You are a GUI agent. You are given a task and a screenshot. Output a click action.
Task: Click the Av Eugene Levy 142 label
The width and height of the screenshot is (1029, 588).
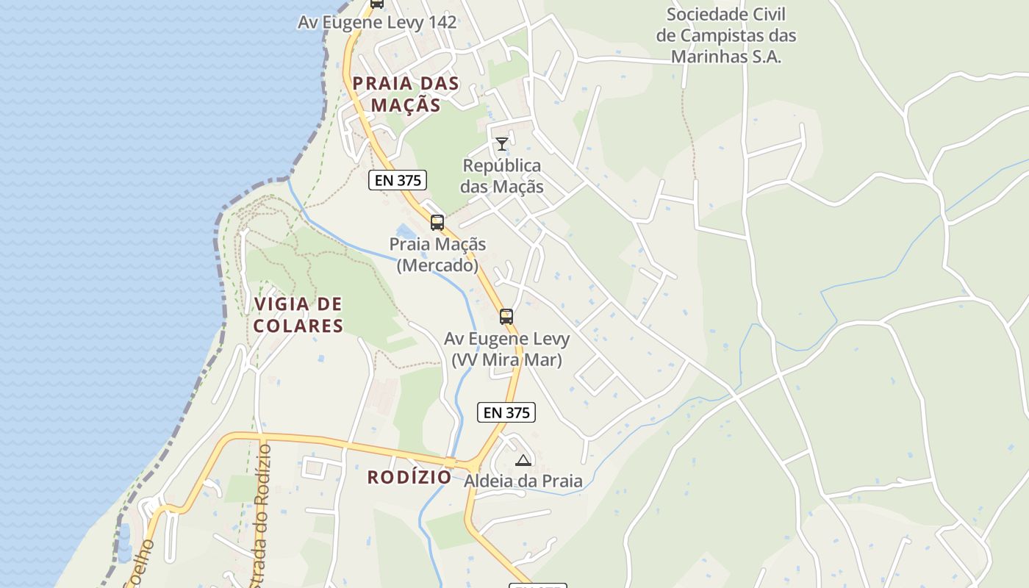(x=377, y=22)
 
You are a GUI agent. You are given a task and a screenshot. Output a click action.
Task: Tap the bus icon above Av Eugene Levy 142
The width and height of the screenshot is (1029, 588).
(x=377, y=3)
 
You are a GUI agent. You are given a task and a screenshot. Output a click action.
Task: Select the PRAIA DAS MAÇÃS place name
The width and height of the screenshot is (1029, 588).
(x=406, y=94)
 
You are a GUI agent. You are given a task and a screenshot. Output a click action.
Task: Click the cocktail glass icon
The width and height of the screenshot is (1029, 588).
(x=502, y=143)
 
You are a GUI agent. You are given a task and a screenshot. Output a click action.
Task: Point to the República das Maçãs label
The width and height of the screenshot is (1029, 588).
(x=502, y=176)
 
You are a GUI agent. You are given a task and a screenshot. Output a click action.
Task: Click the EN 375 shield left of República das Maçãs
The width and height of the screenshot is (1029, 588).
(x=398, y=179)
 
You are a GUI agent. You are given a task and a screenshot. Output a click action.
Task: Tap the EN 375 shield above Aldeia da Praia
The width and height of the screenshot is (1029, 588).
(x=506, y=412)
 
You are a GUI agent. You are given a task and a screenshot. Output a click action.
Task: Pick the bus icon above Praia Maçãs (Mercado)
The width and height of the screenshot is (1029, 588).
(x=437, y=222)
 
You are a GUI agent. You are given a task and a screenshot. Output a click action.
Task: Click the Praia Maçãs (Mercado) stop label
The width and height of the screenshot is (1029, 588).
(x=437, y=254)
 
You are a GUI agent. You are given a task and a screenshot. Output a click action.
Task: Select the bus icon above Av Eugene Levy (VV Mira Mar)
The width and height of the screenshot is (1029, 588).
(x=506, y=317)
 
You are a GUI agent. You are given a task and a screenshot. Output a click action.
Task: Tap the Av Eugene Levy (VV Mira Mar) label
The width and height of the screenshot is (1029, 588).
(x=506, y=349)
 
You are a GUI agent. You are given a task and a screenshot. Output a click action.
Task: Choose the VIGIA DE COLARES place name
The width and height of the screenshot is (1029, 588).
(x=298, y=315)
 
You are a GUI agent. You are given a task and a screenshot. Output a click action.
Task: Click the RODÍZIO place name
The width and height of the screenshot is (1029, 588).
(x=409, y=477)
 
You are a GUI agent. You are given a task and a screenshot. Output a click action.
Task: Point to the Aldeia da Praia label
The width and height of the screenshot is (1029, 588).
(x=523, y=481)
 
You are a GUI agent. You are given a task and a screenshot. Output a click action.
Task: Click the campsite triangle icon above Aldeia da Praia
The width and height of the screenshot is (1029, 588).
(x=523, y=461)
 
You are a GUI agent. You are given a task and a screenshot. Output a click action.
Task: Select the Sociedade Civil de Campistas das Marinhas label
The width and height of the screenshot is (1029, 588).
(x=725, y=35)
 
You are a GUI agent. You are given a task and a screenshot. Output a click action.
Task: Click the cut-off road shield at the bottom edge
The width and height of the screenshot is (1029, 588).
(x=537, y=586)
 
